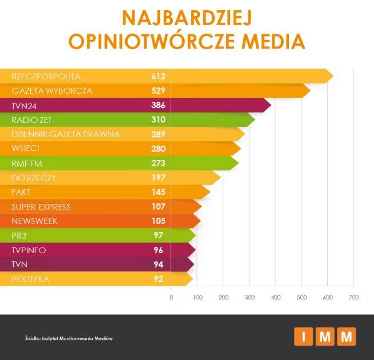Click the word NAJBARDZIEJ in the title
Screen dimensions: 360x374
pyautogui.click(x=186, y=17)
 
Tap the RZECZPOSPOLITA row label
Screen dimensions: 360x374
pyautogui.click(x=46, y=76)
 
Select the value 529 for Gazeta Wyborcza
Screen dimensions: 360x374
pyautogui.click(x=158, y=91)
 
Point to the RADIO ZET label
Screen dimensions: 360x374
pyautogui.click(x=33, y=119)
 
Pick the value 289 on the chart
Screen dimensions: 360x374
pyautogui.click(x=158, y=134)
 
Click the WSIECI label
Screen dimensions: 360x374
pyautogui.click(x=26, y=149)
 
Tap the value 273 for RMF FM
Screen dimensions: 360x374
pyautogui.click(x=158, y=163)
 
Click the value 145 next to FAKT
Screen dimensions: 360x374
pyautogui.click(x=158, y=192)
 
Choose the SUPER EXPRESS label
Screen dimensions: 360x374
pyautogui.click(x=41, y=206)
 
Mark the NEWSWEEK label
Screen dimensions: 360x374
pyautogui.click(x=34, y=221)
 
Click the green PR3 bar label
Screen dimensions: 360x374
pyautogui.click(x=19, y=235)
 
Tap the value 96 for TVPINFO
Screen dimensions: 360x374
pyautogui.click(x=159, y=250)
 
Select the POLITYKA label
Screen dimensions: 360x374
pyautogui.click(x=30, y=279)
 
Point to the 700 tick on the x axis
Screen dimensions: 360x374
pyautogui.click(x=354, y=297)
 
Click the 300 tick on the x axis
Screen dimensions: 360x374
pyautogui.click(x=250, y=297)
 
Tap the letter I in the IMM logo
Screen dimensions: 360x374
pyautogui.click(x=303, y=337)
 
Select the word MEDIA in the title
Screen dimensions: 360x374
pyautogui.click(x=268, y=41)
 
